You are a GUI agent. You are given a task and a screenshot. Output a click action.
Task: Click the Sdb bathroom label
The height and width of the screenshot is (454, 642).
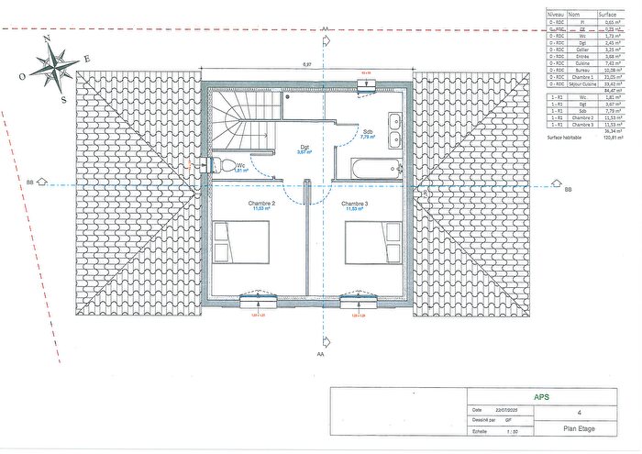(x=368, y=131)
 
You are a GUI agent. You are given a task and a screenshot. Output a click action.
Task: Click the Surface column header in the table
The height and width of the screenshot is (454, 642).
(x=607, y=15)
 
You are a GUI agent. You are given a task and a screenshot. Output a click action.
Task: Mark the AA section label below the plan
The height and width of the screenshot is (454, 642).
(x=320, y=352)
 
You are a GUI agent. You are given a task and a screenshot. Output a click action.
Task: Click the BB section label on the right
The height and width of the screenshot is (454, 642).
(x=568, y=189)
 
